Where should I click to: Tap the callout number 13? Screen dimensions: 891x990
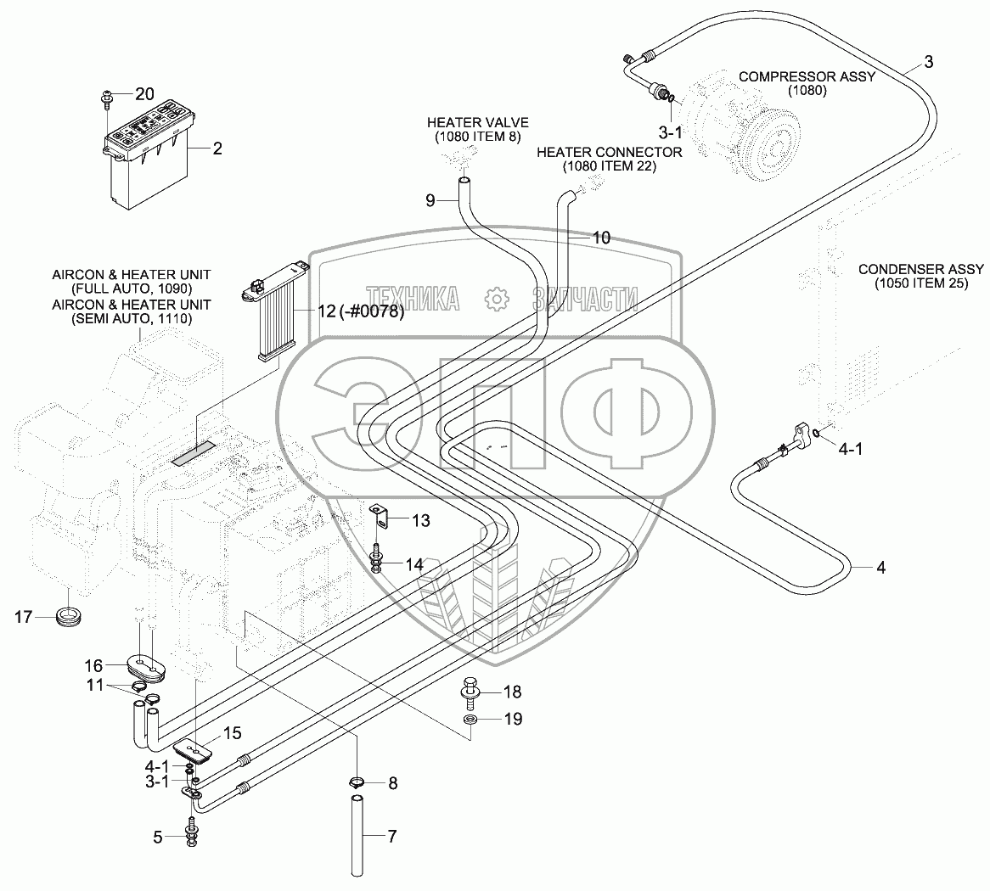point(422,519)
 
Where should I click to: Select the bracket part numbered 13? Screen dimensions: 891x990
point(382,516)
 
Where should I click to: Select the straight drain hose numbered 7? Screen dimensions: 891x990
point(360,836)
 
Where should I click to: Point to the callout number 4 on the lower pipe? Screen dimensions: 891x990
point(880,568)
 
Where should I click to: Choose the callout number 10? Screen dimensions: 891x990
point(600,238)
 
